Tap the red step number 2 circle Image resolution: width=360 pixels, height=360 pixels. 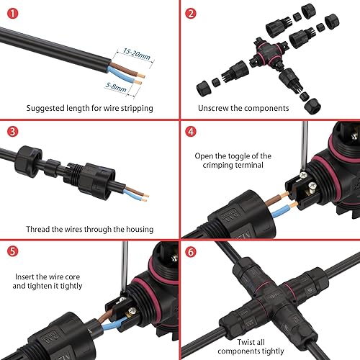(191, 13)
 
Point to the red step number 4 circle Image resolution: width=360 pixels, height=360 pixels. (191, 132)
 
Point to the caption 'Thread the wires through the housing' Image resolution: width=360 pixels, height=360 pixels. (89, 229)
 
